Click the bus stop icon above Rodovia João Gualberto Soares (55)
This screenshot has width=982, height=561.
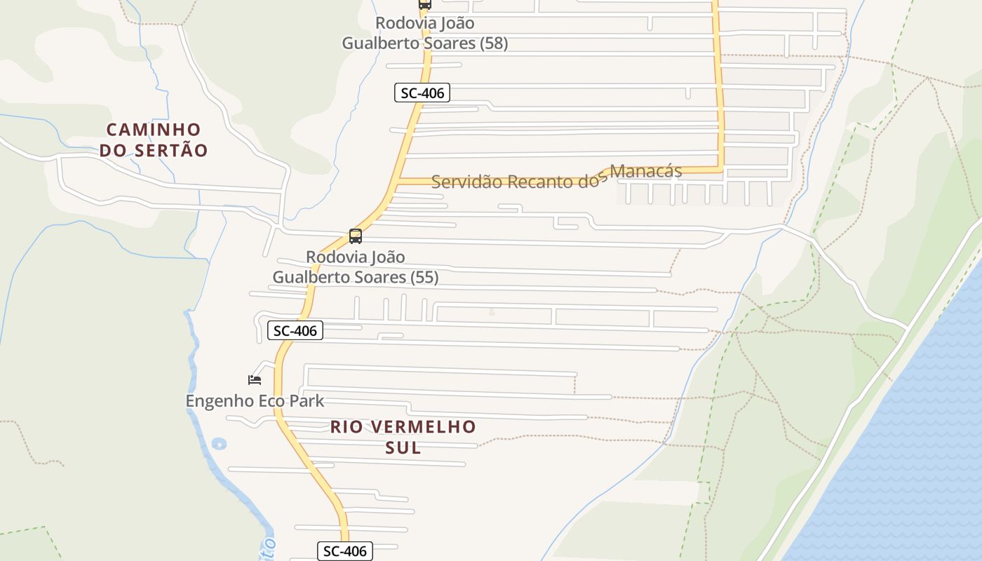(356, 236)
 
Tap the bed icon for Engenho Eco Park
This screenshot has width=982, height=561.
(255, 380)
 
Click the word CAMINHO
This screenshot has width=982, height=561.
(154, 130)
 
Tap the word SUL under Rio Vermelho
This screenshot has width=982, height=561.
(403, 447)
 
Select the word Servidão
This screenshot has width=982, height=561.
(466, 182)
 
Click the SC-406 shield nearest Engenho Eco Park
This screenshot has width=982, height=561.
(295, 331)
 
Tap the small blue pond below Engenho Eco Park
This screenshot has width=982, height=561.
(219, 443)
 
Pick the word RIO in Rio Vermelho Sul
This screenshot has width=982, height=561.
(345, 427)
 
